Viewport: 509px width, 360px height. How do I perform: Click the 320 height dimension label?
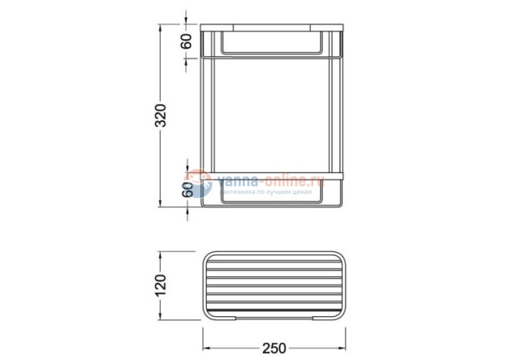[x=161, y=115]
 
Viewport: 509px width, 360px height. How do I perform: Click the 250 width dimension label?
[x=274, y=348]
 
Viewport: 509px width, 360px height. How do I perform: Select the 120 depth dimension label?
[x=161, y=286]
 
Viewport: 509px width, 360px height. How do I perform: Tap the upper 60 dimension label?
[x=186, y=41]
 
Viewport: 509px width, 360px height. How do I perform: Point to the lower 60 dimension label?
[x=188, y=189]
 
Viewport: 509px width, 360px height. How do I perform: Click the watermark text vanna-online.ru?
[x=271, y=180]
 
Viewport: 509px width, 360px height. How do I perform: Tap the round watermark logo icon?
[x=198, y=183]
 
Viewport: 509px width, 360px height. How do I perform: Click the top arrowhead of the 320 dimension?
[x=160, y=28]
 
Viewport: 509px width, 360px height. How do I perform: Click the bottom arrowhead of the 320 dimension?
[x=160, y=203]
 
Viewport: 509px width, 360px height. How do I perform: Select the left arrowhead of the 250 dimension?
[x=207, y=348]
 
